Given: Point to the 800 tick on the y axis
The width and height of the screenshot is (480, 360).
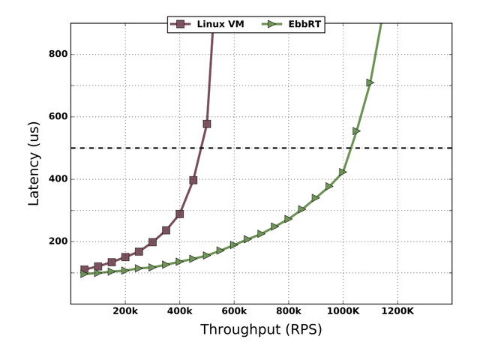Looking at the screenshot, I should [58, 54].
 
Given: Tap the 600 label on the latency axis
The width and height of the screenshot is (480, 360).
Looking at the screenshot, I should [58, 117].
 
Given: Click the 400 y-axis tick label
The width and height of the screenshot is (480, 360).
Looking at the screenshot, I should [58, 179].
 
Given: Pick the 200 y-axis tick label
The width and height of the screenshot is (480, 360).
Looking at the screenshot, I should [58, 241].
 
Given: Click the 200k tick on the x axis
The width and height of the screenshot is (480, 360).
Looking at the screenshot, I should [125, 311].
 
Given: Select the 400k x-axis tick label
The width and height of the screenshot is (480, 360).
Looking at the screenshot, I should [180, 311].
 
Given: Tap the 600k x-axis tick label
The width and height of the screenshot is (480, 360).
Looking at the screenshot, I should [234, 311].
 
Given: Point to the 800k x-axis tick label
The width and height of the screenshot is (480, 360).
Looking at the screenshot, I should [289, 311].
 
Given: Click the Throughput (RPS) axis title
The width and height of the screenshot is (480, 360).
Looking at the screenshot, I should [261, 330].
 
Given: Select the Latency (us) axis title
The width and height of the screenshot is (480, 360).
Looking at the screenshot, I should [34, 163].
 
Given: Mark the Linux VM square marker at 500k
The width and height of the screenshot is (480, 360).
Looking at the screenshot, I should [207, 124].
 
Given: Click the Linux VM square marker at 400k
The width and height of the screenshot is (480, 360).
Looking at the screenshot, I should [180, 214].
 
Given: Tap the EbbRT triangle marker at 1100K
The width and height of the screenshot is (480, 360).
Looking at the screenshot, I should [370, 82].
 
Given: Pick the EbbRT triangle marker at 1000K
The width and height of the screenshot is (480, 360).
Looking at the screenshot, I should [343, 172].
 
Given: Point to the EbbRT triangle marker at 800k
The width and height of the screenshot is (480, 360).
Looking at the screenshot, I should [289, 219].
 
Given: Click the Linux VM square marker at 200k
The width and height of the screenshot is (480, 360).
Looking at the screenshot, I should [125, 257].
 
